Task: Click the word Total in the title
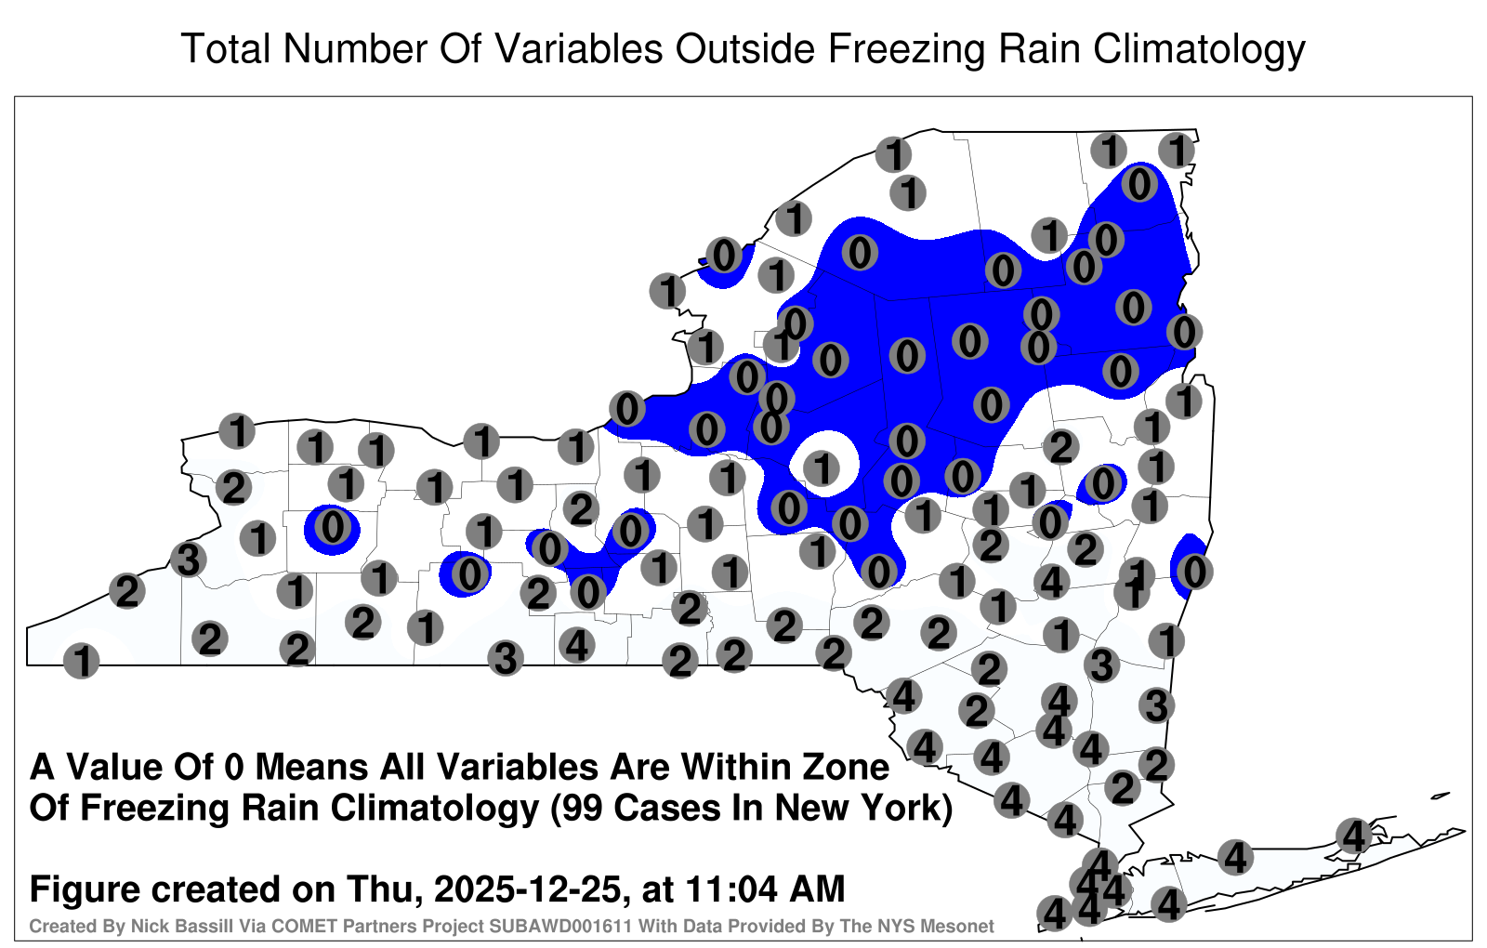226,48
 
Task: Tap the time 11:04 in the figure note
730,889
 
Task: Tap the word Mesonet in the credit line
963,926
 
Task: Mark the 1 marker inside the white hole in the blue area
822,468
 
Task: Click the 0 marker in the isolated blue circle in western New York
332,528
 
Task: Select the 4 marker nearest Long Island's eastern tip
1353,836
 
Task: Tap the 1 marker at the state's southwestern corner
82,661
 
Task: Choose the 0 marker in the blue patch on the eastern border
1195,572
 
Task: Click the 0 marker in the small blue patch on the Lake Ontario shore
724,255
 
